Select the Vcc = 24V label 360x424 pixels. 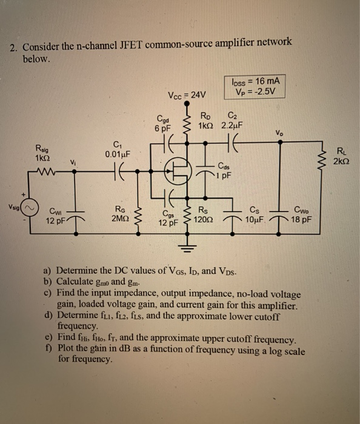(x=187, y=94)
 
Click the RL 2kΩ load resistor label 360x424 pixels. (x=342, y=157)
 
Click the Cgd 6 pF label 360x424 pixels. (x=163, y=124)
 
